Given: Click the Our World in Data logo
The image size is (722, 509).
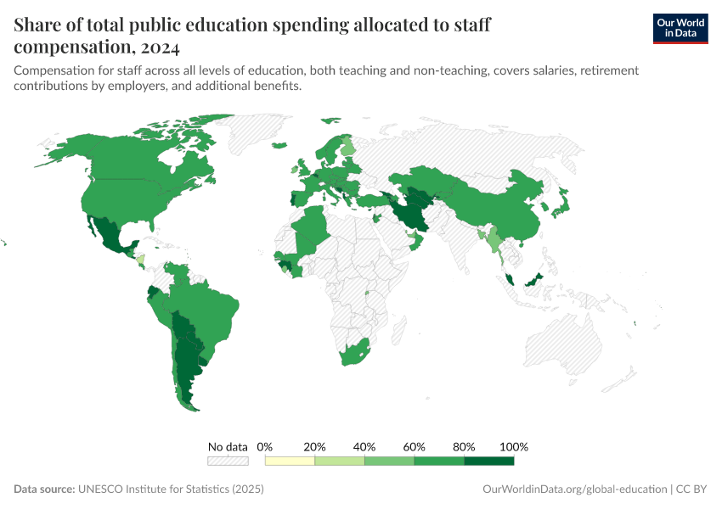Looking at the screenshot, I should (x=680, y=27).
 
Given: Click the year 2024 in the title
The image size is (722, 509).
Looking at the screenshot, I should (x=161, y=47).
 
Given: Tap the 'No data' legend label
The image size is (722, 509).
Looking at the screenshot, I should (x=228, y=446).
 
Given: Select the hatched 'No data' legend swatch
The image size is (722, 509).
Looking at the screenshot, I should (x=228, y=461).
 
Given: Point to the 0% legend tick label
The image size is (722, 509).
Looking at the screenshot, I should (x=265, y=446).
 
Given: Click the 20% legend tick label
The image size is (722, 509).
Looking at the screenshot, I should (x=315, y=446).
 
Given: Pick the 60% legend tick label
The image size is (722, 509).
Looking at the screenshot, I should (x=415, y=446).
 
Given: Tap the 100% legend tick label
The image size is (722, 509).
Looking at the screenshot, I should (x=514, y=446).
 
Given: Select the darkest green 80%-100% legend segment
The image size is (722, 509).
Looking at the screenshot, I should (x=489, y=461).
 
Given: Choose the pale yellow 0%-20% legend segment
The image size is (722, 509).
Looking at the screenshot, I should (x=290, y=461).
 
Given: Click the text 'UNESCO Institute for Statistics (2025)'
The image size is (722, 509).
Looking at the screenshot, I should (x=171, y=489).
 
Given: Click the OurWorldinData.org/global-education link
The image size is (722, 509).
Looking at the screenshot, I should (x=574, y=489).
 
